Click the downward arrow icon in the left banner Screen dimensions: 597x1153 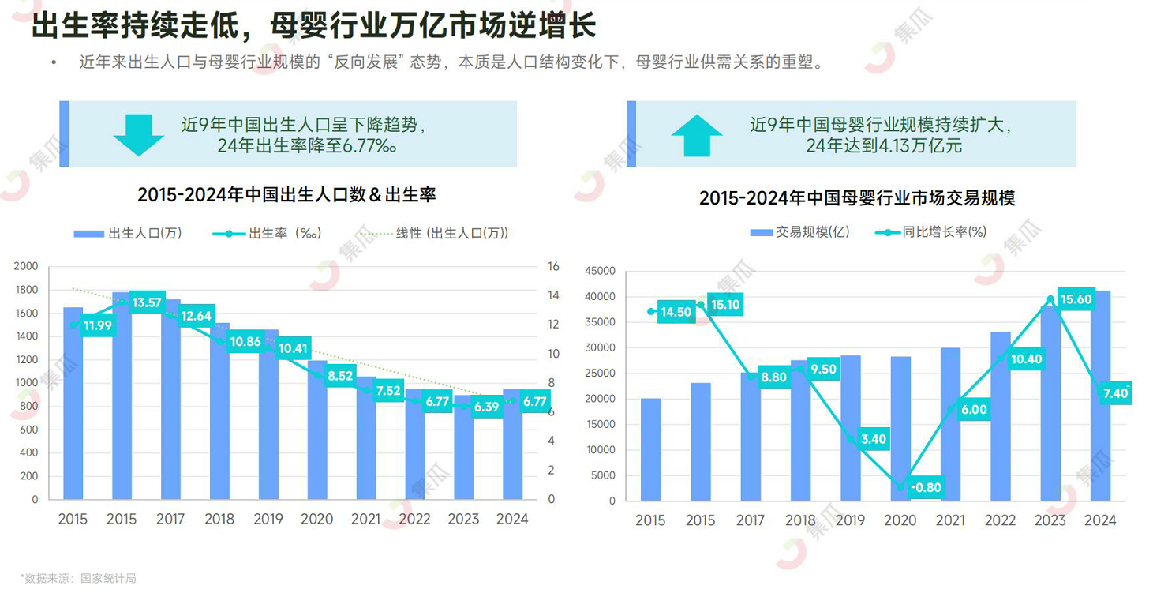pyautogui.click(x=138, y=135)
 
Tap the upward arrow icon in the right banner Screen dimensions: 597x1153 pyautogui.click(x=697, y=135)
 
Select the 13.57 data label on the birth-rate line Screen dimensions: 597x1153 pyautogui.click(x=148, y=302)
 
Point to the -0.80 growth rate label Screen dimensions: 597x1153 pyautogui.click(x=925, y=487)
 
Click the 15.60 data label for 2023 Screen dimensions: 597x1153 pyautogui.click(x=1076, y=299)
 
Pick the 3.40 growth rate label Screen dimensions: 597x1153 pyautogui.click(x=874, y=439)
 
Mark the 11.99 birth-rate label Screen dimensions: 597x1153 pyautogui.click(x=98, y=325)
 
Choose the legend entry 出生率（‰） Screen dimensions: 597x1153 pyautogui.click(x=268, y=233)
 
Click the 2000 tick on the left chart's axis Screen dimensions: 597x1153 pyautogui.click(x=26, y=267)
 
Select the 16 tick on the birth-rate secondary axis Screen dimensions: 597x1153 pyautogui.click(x=553, y=267)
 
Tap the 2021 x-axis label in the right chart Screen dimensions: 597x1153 pyautogui.click(x=950, y=520)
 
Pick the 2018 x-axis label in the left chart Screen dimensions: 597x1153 pyautogui.click(x=219, y=519)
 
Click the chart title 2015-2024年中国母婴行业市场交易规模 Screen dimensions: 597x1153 pyautogui.click(x=857, y=197)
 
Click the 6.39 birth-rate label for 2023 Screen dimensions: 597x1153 pyautogui.click(x=486, y=407)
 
